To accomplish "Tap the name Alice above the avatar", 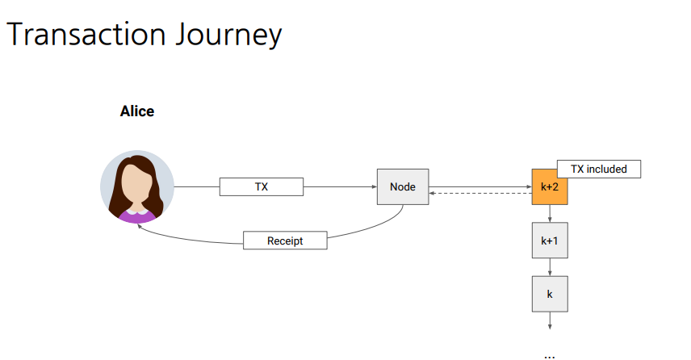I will [137, 111].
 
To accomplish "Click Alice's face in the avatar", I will [136, 183].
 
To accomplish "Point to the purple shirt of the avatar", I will [136, 216].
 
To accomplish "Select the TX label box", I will [262, 187].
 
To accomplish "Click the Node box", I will [403, 187].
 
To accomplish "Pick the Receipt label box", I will [285, 241].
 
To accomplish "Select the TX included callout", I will [598, 170].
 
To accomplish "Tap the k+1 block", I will [550, 241].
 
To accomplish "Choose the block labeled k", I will [550, 294].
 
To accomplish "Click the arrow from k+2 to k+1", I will [550, 214].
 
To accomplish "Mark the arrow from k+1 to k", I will [550, 267].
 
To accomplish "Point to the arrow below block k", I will [550, 321].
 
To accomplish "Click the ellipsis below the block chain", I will [550, 354].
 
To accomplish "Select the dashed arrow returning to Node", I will [480, 194].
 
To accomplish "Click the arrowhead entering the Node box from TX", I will [374, 187].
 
